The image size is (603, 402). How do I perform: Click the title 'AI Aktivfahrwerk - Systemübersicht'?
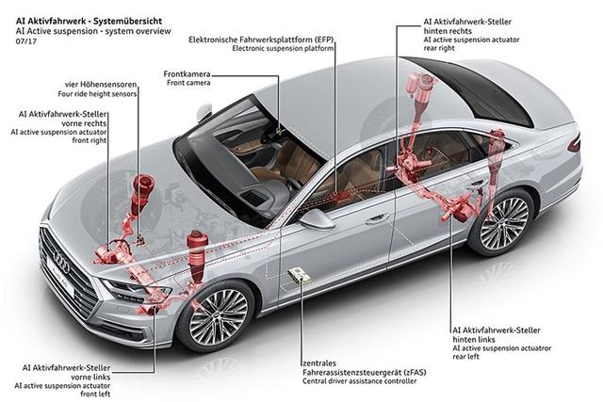(x=89, y=21)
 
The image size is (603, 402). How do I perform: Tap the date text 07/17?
(x=26, y=41)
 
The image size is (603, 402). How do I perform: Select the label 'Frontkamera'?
(x=187, y=73)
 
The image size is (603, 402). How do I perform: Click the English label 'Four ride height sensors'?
(x=97, y=94)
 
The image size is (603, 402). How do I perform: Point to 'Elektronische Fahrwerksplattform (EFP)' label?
(x=261, y=40)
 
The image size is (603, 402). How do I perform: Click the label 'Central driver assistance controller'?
(x=360, y=381)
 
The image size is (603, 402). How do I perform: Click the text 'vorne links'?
(x=90, y=377)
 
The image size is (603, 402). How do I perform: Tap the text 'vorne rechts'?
(x=84, y=123)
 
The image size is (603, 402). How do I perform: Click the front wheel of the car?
(x=218, y=316)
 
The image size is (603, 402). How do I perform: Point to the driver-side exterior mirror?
(x=317, y=218)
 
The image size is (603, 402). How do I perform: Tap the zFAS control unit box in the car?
(x=299, y=275)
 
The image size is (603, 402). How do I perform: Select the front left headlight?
(x=137, y=290)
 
